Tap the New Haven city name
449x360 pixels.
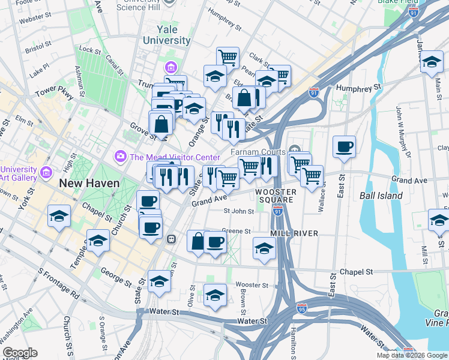[x=89, y=182]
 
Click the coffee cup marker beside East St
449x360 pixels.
[x=344, y=147]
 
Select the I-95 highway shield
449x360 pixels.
[x=301, y=309]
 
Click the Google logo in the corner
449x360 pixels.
[x=20, y=352]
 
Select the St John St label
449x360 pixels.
[x=239, y=211]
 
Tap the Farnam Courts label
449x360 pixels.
[x=264, y=152]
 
